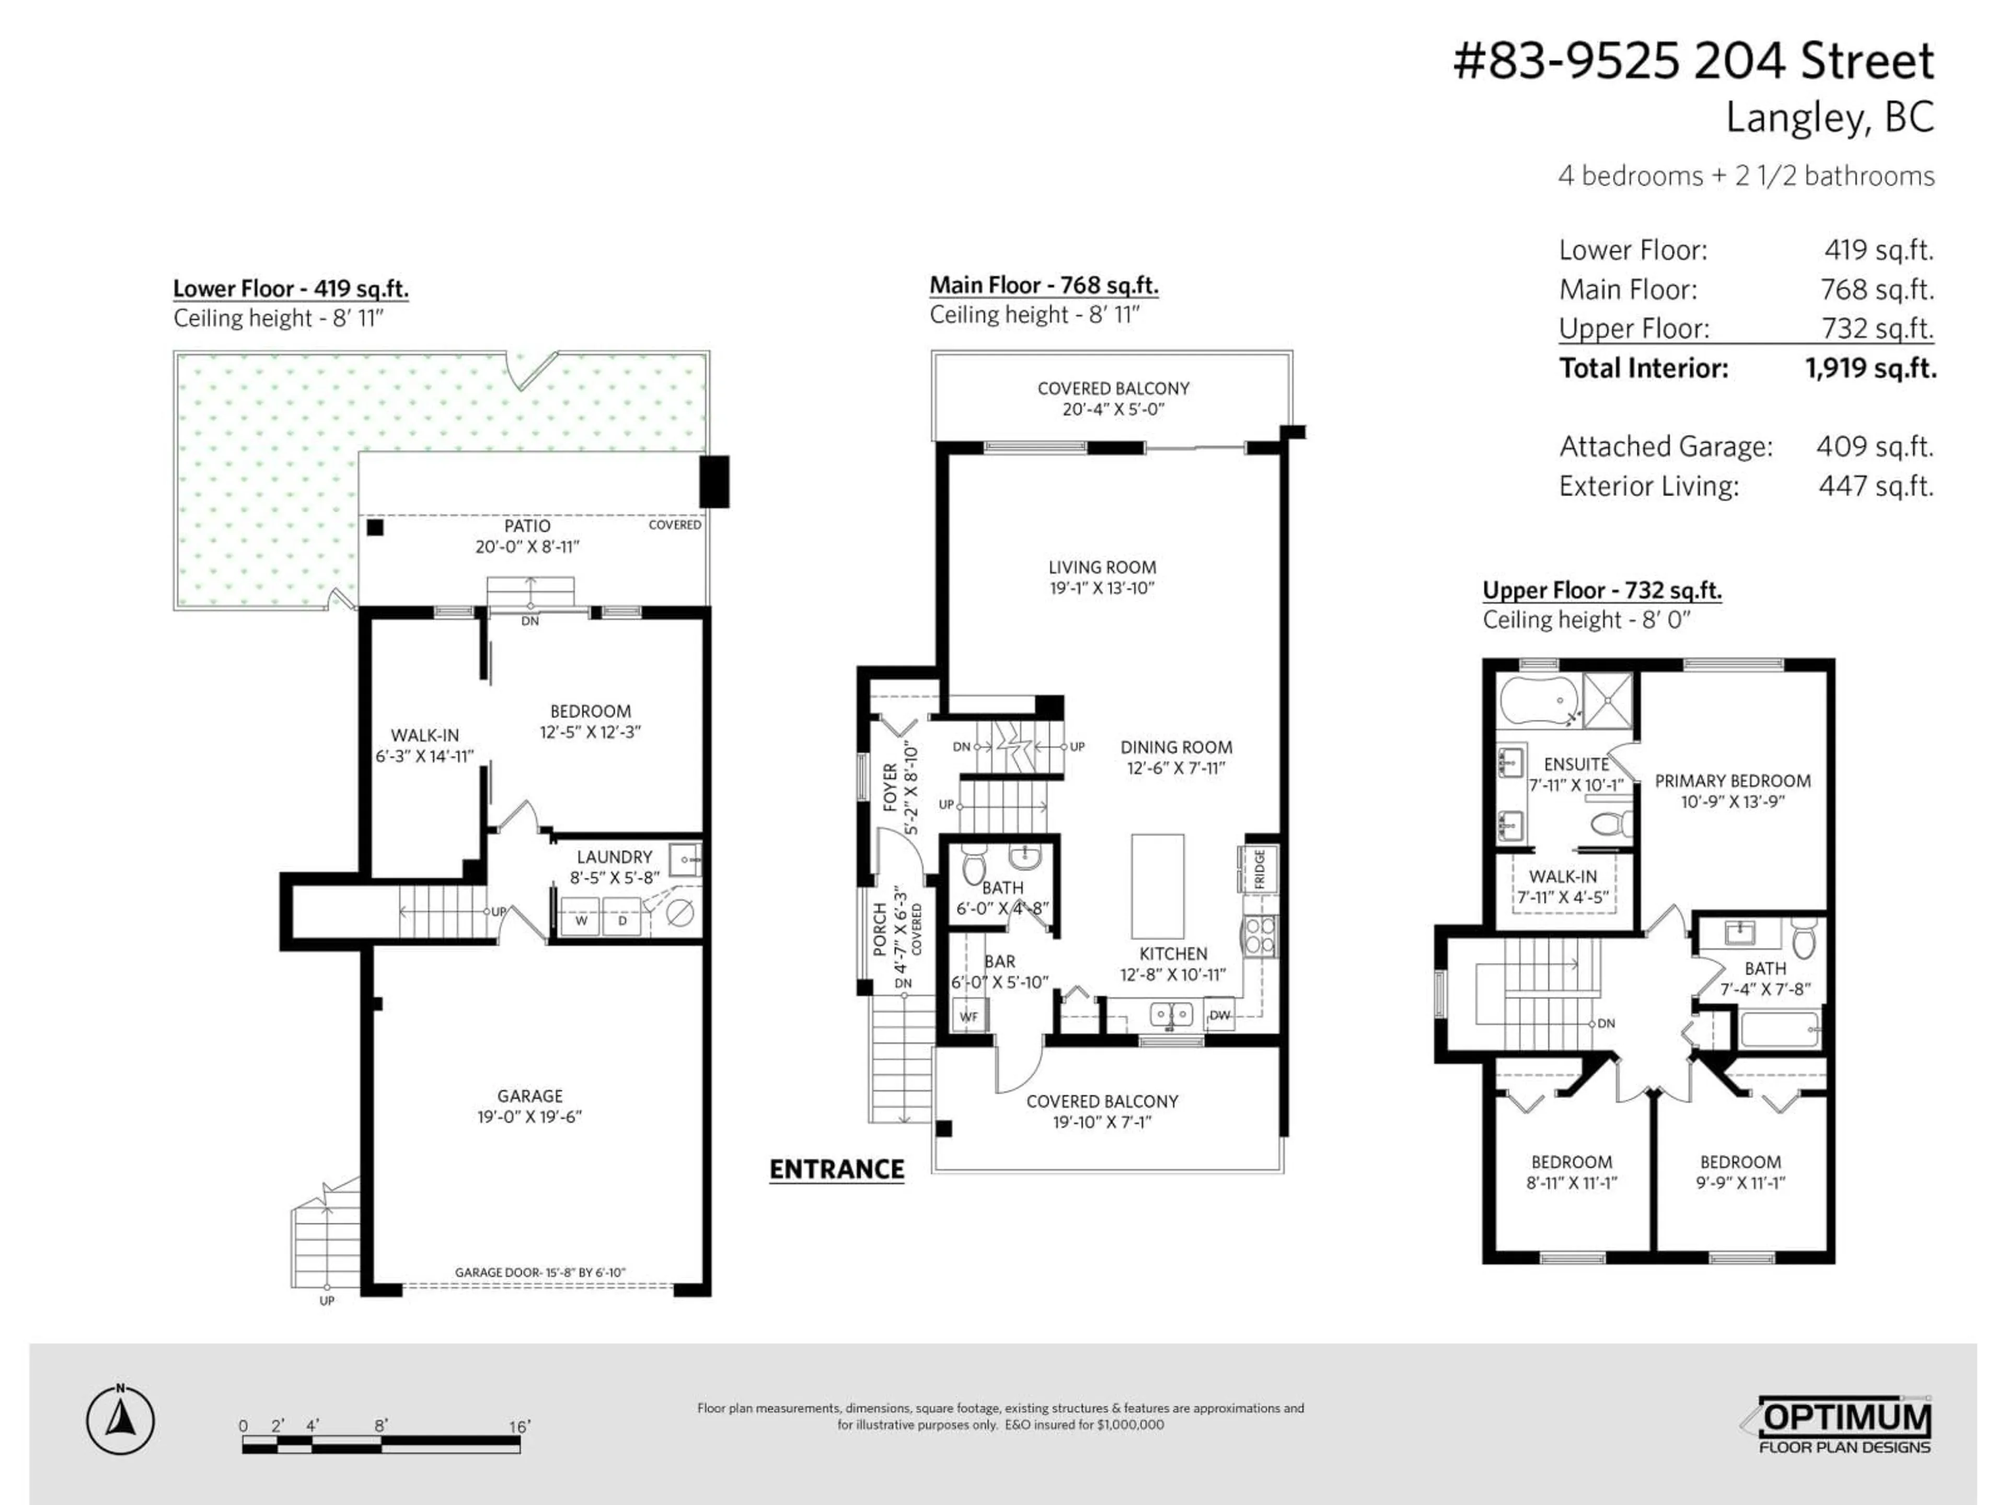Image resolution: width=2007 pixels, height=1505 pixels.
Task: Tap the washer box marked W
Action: pos(581,920)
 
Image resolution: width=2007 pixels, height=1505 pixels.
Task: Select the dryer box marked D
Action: pos(622,920)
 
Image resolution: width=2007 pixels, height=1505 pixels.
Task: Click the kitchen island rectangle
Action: pos(1157,886)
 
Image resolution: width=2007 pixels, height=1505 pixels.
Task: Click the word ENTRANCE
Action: pos(837,1170)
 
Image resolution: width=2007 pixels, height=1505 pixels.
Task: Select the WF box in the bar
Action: pos(968,1016)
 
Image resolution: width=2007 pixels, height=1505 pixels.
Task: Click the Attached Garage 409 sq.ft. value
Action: pos(1874,446)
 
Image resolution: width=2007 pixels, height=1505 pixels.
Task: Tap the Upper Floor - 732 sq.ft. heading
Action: pos(1601,591)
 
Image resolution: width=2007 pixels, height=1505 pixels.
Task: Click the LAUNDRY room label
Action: pos(614,856)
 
